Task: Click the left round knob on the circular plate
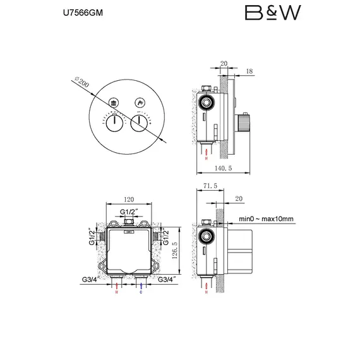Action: coord(114,122)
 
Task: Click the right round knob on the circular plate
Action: coord(138,122)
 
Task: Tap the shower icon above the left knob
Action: coord(114,102)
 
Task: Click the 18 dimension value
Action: coord(249,72)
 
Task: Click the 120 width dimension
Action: coord(128,197)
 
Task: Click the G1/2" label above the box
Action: coord(129,212)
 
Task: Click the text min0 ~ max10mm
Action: coord(267,219)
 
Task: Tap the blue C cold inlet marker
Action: coord(140,292)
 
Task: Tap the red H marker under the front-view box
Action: coord(116,292)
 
